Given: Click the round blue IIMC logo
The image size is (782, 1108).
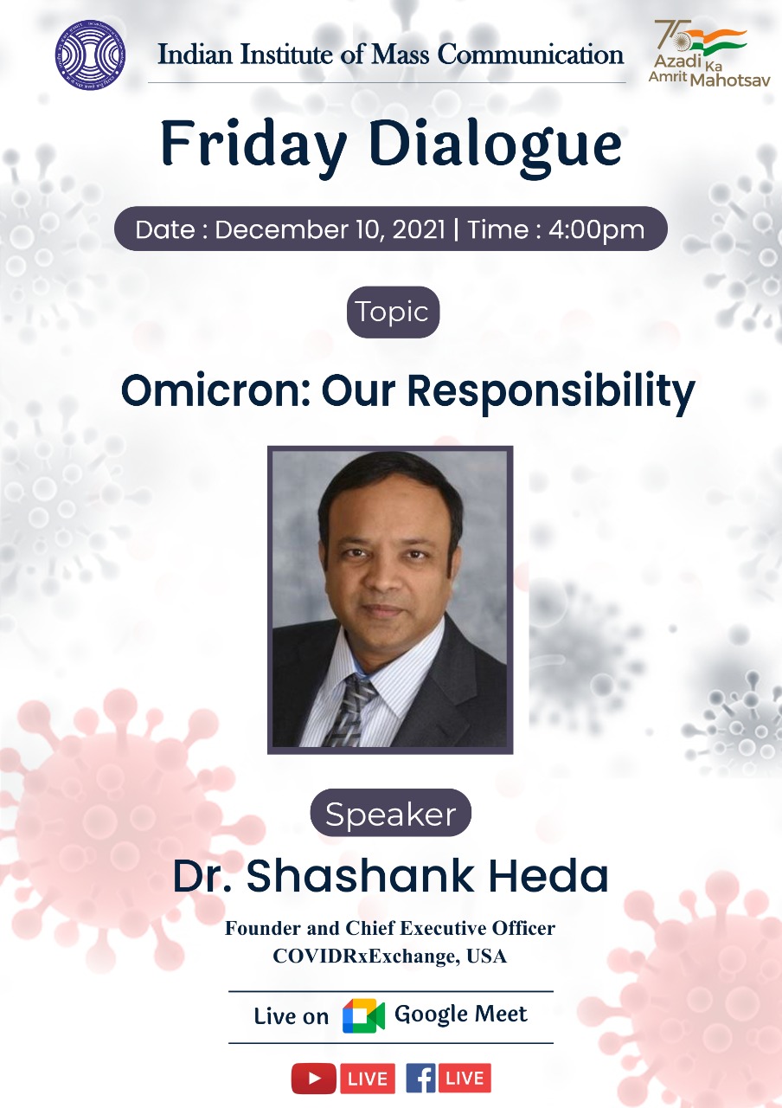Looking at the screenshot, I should [x=90, y=54].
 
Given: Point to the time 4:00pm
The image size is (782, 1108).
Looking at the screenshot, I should [x=596, y=230].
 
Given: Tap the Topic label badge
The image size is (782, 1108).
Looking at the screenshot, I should [x=393, y=312].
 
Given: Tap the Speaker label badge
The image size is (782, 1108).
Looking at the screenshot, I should [x=390, y=814].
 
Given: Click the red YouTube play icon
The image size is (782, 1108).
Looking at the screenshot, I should [x=313, y=1079].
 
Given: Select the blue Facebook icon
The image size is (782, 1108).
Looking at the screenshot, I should [x=420, y=1079].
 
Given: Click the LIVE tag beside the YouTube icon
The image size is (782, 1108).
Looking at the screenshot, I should [x=367, y=1079].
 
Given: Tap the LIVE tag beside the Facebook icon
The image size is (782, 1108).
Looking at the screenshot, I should [x=465, y=1079].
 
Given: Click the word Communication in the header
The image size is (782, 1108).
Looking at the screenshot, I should [x=530, y=55].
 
